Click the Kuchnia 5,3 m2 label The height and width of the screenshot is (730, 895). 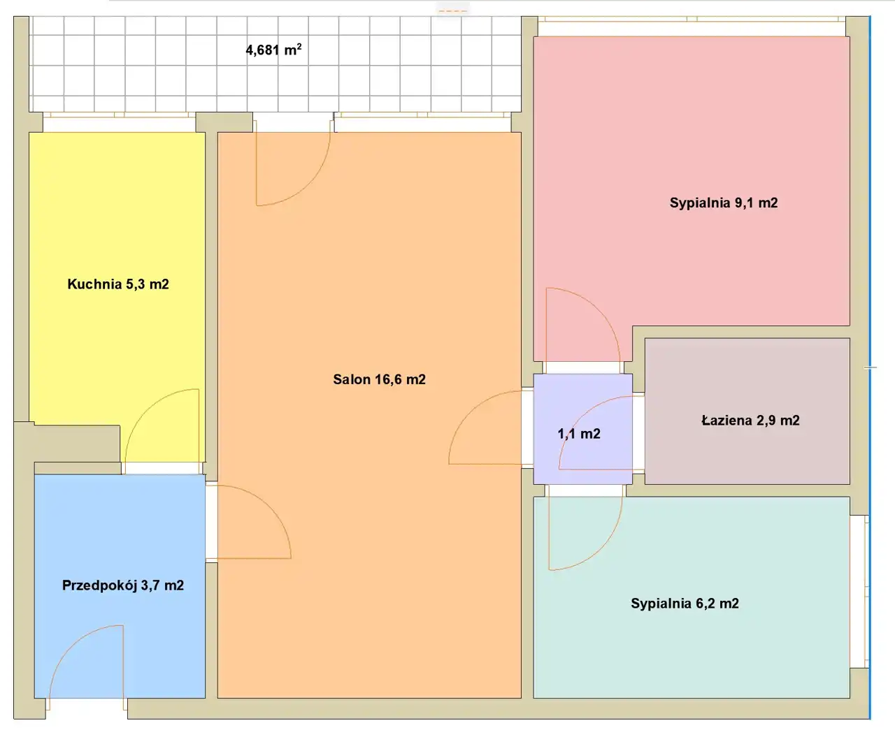118,284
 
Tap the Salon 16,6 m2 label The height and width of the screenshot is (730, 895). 379,379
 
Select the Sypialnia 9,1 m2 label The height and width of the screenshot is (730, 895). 724,203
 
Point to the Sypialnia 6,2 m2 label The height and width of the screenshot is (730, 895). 685,604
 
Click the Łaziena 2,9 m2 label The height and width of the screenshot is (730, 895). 750,420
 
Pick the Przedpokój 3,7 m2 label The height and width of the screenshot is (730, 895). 123,585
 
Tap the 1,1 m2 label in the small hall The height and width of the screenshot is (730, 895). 579,434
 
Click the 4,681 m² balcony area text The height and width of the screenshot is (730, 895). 273,50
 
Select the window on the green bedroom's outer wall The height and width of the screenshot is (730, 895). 859,592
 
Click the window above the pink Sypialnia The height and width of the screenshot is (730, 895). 692,27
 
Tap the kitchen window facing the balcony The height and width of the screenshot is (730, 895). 120,122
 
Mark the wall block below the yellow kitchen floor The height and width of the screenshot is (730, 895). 76,444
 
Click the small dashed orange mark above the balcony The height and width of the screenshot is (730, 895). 453,10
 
